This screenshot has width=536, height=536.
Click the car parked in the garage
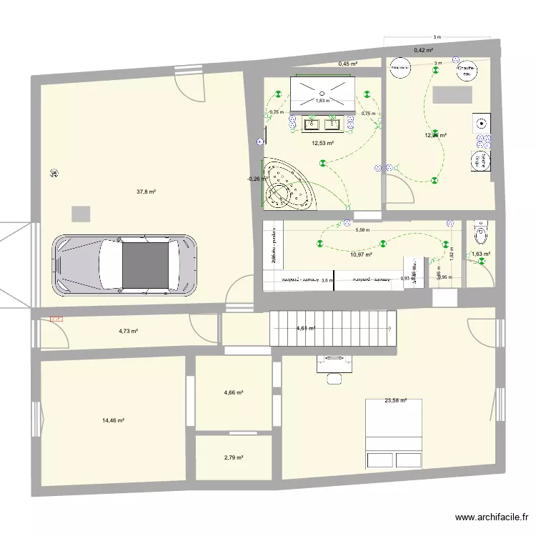[124, 264]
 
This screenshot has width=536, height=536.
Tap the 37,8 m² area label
[147, 192]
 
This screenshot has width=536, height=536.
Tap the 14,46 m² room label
[114, 421]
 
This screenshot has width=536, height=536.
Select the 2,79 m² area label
[234, 457]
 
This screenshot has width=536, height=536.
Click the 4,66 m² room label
[234, 393]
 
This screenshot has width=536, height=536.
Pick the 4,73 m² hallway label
[128, 331]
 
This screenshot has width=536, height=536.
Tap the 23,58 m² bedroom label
[395, 401]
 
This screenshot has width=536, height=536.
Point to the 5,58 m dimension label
[362, 230]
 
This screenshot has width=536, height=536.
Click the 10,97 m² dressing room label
[362, 254]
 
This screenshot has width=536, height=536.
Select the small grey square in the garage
[81, 213]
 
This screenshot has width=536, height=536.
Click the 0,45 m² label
[348, 64]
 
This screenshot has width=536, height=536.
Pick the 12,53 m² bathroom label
[322, 143]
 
